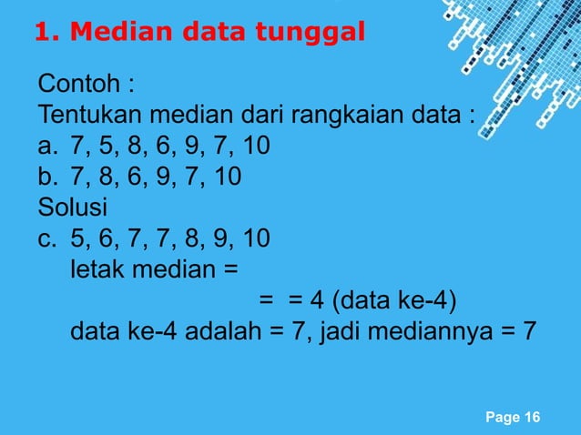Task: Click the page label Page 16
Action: tap(513, 417)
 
